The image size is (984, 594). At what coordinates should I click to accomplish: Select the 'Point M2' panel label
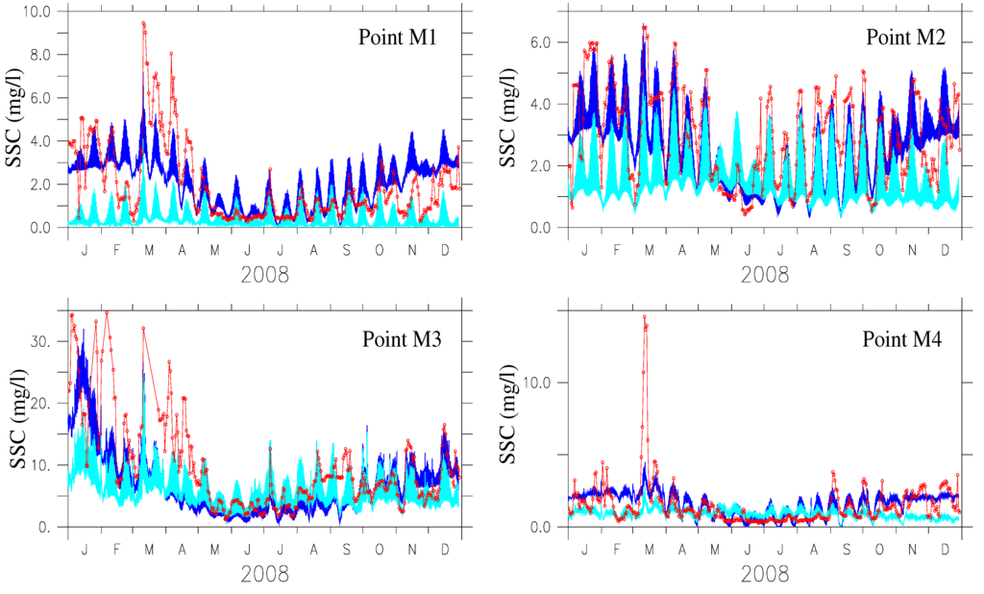pyautogui.click(x=904, y=38)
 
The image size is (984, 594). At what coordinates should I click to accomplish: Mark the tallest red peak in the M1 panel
pyautogui.click(x=143, y=23)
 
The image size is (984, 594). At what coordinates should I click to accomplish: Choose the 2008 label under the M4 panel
pyautogui.click(x=765, y=574)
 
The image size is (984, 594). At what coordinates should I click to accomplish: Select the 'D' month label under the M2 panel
pyautogui.click(x=946, y=250)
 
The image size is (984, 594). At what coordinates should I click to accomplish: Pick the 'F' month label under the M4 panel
pyautogui.click(x=618, y=549)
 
